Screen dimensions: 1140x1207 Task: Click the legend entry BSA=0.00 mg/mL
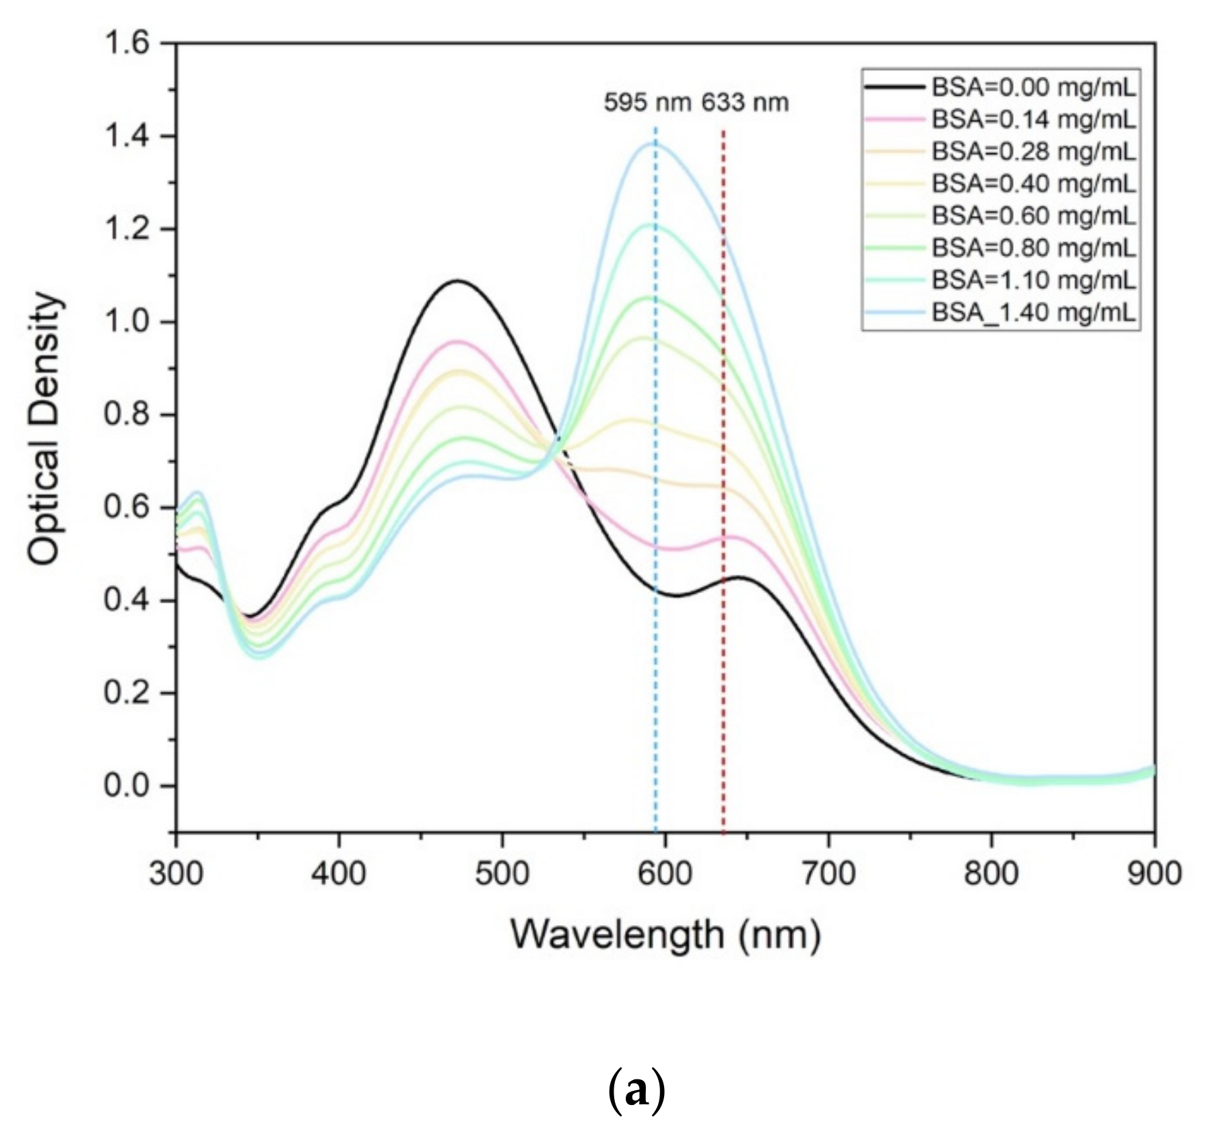click(x=1033, y=88)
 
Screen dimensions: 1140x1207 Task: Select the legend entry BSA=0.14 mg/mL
click(x=1033, y=119)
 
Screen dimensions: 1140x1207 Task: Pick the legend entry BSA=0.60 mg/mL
click(x=1033, y=216)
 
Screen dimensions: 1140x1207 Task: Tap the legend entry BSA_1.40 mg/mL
click(x=1033, y=312)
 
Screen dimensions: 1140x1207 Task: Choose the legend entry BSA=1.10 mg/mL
click(x=1033, y=280)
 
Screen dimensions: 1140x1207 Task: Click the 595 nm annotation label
click(x=647, y=103)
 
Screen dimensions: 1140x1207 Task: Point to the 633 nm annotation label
click(x=745, y=103)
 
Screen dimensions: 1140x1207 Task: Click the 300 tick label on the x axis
click(x=176, y=875)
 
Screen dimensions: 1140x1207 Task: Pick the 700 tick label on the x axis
click(x=828, y=875)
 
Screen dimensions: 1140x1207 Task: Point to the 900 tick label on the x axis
click(x=1154, y=875)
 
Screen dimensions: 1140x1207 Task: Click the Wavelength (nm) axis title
click(x=665, y=935)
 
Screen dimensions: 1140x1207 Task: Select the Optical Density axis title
click(x=46, y=429)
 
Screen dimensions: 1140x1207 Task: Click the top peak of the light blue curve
click(x=653, y=143)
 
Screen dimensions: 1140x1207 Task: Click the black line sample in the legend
click(x=894, y=88)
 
